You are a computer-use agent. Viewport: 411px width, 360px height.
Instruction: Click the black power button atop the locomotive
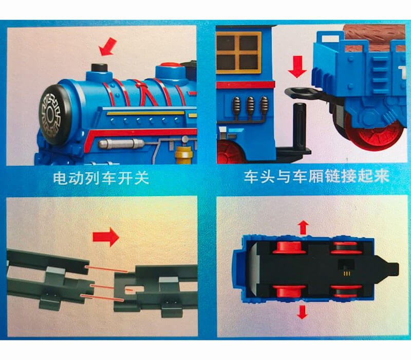[99, 67]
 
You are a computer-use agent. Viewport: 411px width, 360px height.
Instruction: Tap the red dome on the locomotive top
[171, 65]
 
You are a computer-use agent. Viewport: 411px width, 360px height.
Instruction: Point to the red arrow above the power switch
[108, 46]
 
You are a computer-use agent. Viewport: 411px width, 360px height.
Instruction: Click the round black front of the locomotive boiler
[53, 115]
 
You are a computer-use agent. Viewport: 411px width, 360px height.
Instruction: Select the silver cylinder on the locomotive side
[121, 143]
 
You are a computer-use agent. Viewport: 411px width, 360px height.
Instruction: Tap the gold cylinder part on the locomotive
[184, 155]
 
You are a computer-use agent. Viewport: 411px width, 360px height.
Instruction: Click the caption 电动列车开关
[101, 178]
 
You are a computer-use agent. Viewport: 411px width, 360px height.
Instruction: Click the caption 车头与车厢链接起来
[316, 176]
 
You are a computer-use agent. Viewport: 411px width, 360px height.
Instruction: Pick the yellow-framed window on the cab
[238, 52]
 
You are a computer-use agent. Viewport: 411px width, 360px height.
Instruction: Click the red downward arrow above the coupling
[297, 67]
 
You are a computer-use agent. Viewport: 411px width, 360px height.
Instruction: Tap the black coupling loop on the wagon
[304, 93]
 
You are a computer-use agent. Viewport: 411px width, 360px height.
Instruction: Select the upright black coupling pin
[300, 125]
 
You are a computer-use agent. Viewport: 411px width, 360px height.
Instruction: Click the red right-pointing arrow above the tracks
[106, 237]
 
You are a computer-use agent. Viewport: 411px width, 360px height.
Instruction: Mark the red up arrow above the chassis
[303, 228]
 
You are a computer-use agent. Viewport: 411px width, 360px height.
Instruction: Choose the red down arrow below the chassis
[303, 312]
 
